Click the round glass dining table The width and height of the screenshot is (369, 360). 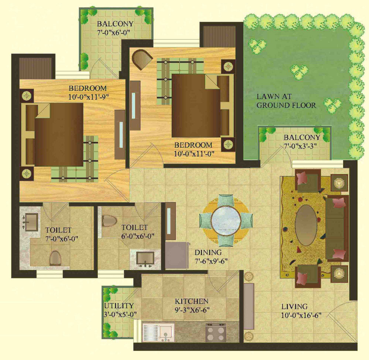click(x=226, y=220)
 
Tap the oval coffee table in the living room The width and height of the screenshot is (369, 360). click(x=306, y=225)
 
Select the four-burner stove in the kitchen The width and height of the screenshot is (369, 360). click(x=215, y=333)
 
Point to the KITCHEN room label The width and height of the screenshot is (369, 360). click(x=191, y=301)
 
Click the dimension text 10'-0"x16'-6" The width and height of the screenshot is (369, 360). click(x=301, y=315)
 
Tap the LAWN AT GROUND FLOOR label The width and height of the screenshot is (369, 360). click(x=286, y=101)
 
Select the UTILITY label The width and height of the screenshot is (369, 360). click(x=119, y=306)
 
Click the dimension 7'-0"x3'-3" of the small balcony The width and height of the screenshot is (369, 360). click(x=300, y=146)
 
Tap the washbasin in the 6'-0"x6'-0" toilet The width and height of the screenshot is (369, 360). click(x=145, y=258)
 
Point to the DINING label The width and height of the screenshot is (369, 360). click(x=208, y=253)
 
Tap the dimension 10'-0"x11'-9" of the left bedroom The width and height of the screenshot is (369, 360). click(x=89, y=97)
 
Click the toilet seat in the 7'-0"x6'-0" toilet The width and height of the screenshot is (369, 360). click(x=56, y=258)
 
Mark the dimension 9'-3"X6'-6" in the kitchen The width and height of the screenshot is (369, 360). click(x=192, y=310)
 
